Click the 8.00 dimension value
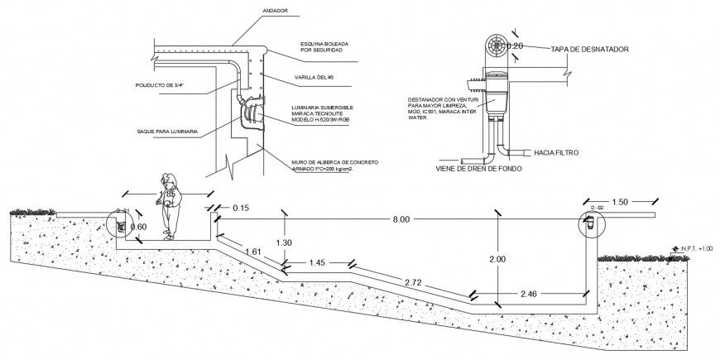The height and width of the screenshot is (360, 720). [x=403, y=219]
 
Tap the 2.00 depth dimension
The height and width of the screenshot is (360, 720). [x=497, y=259]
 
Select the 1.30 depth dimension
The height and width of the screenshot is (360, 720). [x=283, y=242]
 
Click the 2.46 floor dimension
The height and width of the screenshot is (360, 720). [x=533, y=294]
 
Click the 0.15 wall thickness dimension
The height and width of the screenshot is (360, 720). [x=241, y=207]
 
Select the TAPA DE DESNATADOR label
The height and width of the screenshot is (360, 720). [x=590, y=50]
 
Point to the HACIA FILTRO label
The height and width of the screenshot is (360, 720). [x=556, y=153]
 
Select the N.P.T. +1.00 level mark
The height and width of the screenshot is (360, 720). [x=695, y=247]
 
